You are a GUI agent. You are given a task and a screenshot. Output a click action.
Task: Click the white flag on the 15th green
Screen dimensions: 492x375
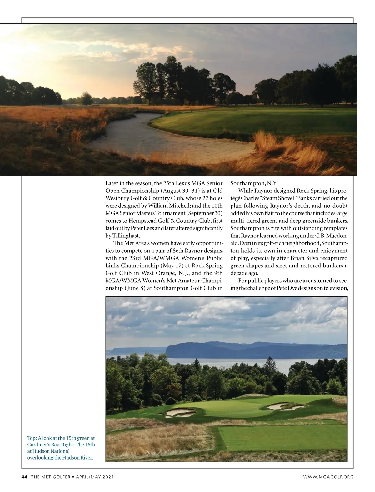tap(258, 97)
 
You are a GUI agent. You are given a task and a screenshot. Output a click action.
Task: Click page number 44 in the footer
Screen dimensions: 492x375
tap(24, 477)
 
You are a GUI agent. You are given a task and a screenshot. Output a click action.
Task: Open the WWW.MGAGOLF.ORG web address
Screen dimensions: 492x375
tap(328, 477)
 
